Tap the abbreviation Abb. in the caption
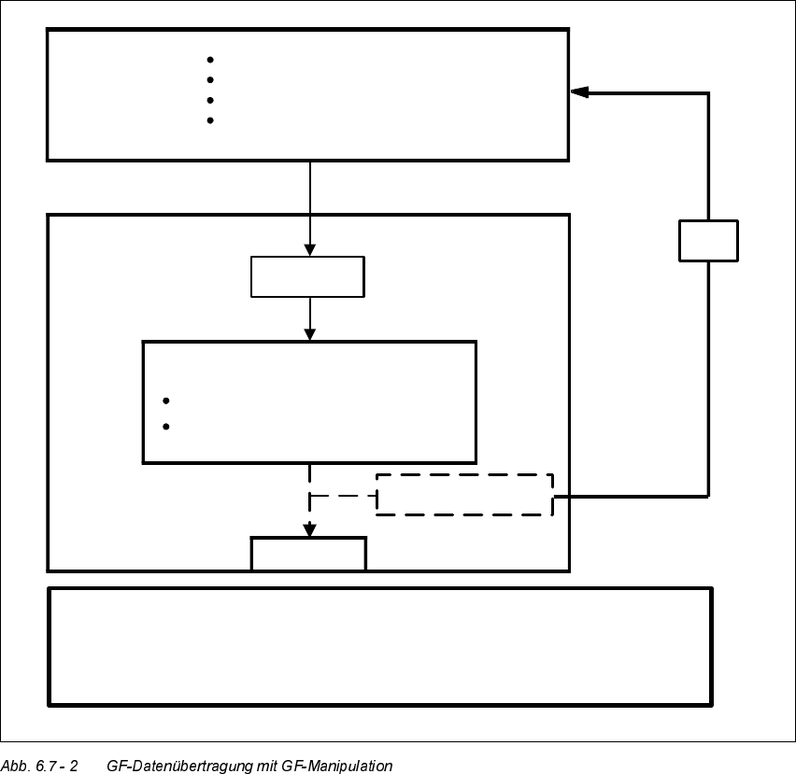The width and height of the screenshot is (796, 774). (16, 766)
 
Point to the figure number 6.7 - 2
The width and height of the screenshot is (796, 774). (57, 766)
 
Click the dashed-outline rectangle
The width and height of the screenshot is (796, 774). (464, 495)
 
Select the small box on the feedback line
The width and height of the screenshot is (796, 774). (708, 241)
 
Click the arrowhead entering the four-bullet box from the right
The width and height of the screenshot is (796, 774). (580, 92)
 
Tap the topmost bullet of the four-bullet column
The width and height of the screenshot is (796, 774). (210, 60)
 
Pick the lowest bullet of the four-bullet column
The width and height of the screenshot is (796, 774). (210, 120)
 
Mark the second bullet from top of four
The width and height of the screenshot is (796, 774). (210, 80)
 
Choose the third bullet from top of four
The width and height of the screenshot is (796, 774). (210, 100)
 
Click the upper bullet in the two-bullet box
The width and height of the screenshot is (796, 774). (166, 401)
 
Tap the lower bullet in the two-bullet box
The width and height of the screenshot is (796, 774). (166, 427)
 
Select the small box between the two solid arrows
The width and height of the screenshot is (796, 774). (307, 276)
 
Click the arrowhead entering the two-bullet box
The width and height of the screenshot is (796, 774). (310, 333)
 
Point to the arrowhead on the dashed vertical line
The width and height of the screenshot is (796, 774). (309, 530)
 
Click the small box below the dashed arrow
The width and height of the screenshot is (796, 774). (308, 554)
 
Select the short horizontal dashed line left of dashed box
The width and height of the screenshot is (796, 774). (342, 495)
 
